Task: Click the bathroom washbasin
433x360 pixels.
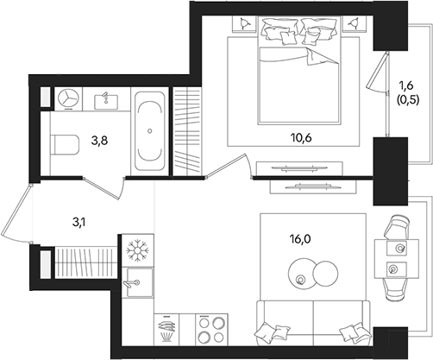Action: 107,99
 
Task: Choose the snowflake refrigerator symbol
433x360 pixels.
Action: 137,250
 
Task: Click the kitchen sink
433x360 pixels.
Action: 136,281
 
